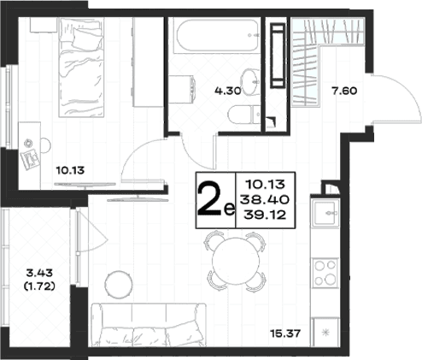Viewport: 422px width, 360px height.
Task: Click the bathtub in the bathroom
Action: click(x=217, y=35)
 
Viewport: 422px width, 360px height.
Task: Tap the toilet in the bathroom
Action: click(x=244, y=115)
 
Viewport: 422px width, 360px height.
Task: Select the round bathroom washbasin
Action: click(x=250, y=82)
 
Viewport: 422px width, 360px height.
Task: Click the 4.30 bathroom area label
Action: click(x=228, y=91)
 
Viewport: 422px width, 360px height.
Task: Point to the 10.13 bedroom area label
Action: click(x=70, y=170)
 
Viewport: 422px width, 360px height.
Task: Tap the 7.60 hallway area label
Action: click(x=344, y=91)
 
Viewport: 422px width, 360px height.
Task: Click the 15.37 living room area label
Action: click(x=285, y=333)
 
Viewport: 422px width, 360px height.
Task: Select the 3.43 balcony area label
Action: click(x=39, y=273)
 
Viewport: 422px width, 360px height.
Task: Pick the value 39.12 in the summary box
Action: click(x=265, y=215)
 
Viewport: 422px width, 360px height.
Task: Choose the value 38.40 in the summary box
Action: click(x=265, y=199)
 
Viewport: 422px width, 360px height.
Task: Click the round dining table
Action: click(x=236, y=261)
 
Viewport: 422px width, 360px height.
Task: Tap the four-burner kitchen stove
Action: click(x=325, y=273)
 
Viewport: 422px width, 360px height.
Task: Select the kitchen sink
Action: click(x=325, y=213)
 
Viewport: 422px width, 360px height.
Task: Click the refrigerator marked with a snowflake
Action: click(x=325, y=333)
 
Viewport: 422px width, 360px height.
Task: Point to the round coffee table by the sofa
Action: click(x=119, y=285)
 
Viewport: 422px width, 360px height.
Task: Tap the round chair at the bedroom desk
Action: click(x=45, y=145)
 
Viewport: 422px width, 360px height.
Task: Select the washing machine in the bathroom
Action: click(x=181, y=89)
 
